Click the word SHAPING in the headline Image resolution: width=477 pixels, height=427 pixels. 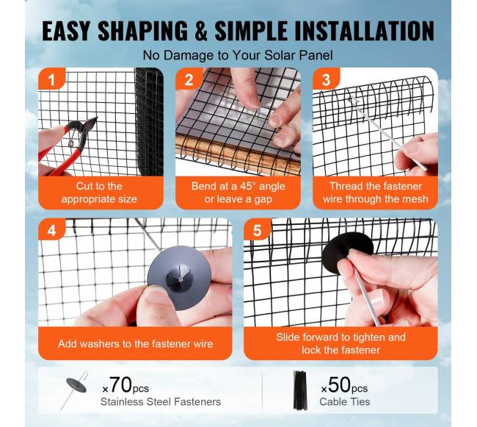coord(142,31)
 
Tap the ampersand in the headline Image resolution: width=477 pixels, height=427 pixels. coord(201,31)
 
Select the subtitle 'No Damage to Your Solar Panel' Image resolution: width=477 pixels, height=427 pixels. coord(238,55)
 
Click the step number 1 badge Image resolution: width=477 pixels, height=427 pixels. coord(51,79)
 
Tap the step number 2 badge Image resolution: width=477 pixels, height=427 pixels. coord(189,79)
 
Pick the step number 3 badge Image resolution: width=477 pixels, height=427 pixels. coord(326,79)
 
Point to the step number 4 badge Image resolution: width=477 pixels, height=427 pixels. coord(51,230)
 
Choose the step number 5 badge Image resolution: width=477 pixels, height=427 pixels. coord(258,230)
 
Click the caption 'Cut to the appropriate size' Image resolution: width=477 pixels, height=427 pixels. coord(99,193)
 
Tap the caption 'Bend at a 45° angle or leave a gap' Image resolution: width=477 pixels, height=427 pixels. coord(238,193)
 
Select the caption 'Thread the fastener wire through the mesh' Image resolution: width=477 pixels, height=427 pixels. coord(376,193)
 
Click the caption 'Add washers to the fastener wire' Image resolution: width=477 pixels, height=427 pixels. coord(135,344)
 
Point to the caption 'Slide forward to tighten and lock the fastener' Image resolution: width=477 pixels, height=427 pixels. coord(341,343)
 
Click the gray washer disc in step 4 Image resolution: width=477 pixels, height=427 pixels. coord(179,278)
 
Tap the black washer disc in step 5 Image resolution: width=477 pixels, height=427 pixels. coord(347,254)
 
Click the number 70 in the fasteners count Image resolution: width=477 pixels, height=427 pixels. coord(121,385)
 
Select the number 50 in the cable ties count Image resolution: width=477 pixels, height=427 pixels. coord(340,385)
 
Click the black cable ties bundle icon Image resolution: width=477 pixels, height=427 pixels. coord(300,390)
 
